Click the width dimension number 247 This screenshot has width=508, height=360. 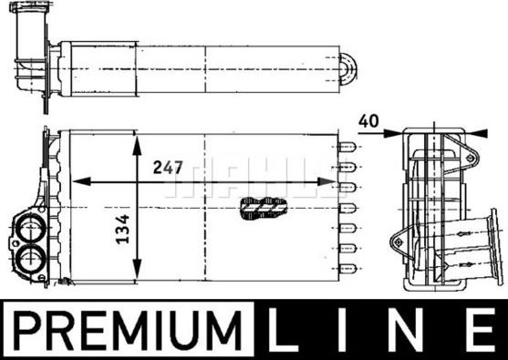(x=168, y=168)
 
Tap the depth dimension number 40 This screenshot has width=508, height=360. (x=368, y=119)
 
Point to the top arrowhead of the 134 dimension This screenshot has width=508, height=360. (x=137, y=139)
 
